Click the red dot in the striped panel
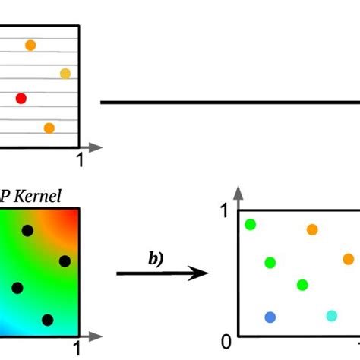click(x=21, y=98)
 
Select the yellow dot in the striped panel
click(x=65, y=74)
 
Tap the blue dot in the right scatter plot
click(x=270, y=317)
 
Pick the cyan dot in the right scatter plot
click(x=331, y=316)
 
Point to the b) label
click(x=156, y=257)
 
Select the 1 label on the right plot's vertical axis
click(x=226, y=210)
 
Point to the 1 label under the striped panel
click(x=81, y=160)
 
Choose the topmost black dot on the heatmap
click(x=28, y=230)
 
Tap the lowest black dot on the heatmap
click(x=47, y=320)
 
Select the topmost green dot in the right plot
click(x=250, y=224)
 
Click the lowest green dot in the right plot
click(x=302, y=285)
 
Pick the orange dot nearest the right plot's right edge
click(x=348, y=259)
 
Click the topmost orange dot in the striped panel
click(x=30, y=46)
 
